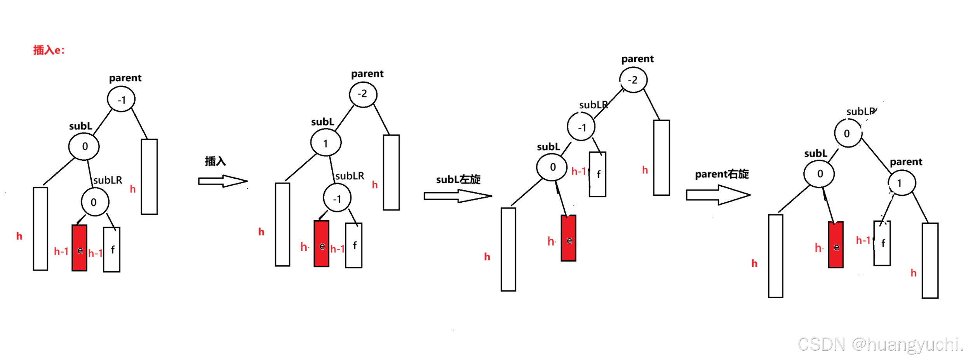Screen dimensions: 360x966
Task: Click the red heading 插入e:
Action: [x=49, y=50]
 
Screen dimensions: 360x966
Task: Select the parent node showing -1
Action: [x=121, y=99]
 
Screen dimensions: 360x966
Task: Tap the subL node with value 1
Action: [x=325, y=143]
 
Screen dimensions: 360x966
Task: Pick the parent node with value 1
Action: [x=902, y=183]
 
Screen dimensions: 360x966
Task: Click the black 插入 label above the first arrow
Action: [x=215, y=161]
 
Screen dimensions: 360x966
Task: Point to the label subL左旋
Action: [x=458, y=179]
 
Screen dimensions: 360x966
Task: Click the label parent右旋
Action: [x=722, y=174]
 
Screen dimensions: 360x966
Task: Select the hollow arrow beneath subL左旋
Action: [x=458, y=196]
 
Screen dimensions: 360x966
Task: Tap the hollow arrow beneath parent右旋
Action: [x=718, y=195]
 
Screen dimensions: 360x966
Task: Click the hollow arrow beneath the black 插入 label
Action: [x=223, y=181]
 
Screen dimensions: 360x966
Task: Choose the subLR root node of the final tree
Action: [x=848, y=134]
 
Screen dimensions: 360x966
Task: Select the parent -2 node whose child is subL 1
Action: [x=363, y=94]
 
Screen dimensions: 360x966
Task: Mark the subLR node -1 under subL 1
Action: [x=337, y=198]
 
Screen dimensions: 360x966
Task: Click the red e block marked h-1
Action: [x=79, y=248]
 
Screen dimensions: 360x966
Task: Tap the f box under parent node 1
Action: [x=882, y=243]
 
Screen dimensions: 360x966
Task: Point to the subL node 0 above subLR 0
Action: [x=84, y=146]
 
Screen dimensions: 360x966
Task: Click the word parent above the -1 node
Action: [x=125, y=78]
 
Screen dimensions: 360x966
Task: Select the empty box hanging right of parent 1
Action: [x=930, y=261]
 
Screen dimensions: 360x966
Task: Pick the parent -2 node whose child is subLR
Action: [x=633, y=80]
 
